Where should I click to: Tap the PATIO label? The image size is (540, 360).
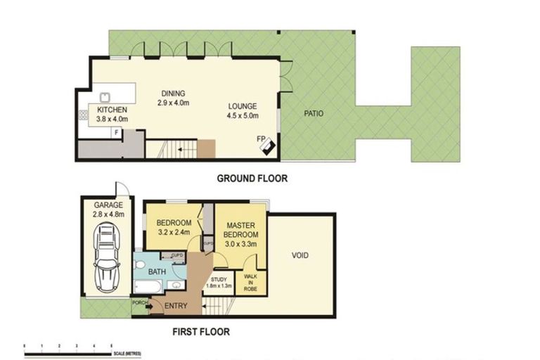314,112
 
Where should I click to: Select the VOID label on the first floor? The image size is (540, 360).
300,255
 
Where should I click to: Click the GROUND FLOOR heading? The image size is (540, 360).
252,179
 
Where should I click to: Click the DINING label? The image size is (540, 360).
173,94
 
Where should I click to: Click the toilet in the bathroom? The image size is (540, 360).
141,266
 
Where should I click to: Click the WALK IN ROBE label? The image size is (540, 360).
250,282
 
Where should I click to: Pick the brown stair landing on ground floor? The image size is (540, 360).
205,149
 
